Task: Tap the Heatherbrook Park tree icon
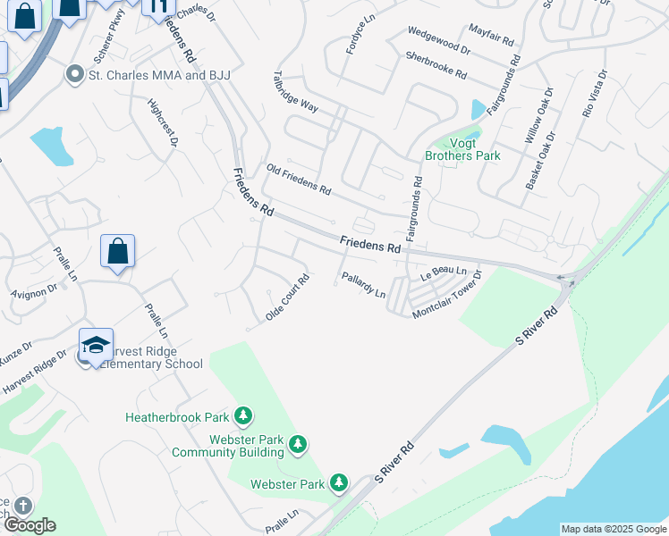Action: tap(242, 415)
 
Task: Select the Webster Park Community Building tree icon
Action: tap(299, 443)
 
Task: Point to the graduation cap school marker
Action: tap(97, 345)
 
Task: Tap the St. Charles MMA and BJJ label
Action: tap(159, 75)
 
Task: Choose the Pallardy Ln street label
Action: tap(363, 286)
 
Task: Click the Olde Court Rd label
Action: tap(287, 297)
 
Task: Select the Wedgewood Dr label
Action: tap(438, 39)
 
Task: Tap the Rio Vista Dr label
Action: tap(594, 94)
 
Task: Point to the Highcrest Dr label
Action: tap(165, 123)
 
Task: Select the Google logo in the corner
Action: tap(29, 524)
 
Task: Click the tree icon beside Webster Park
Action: tap(339, 483)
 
